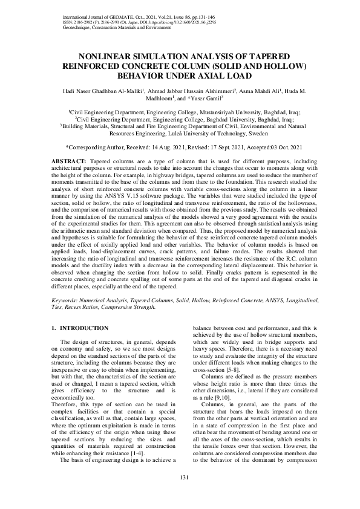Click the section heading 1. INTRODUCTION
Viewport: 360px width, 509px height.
pyautogui.click(x=80, y=328)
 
